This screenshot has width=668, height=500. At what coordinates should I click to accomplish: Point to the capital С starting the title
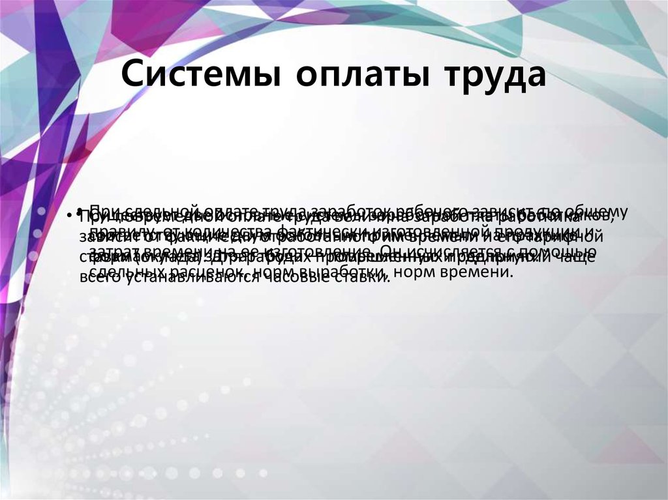click(x=133, y=75)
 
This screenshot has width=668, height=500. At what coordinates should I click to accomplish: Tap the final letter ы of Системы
click(x=269, y=78)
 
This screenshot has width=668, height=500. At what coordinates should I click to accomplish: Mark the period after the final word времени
click(x=512, y=275)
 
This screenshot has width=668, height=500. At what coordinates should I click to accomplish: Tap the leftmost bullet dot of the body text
click(x=68, y=216)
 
